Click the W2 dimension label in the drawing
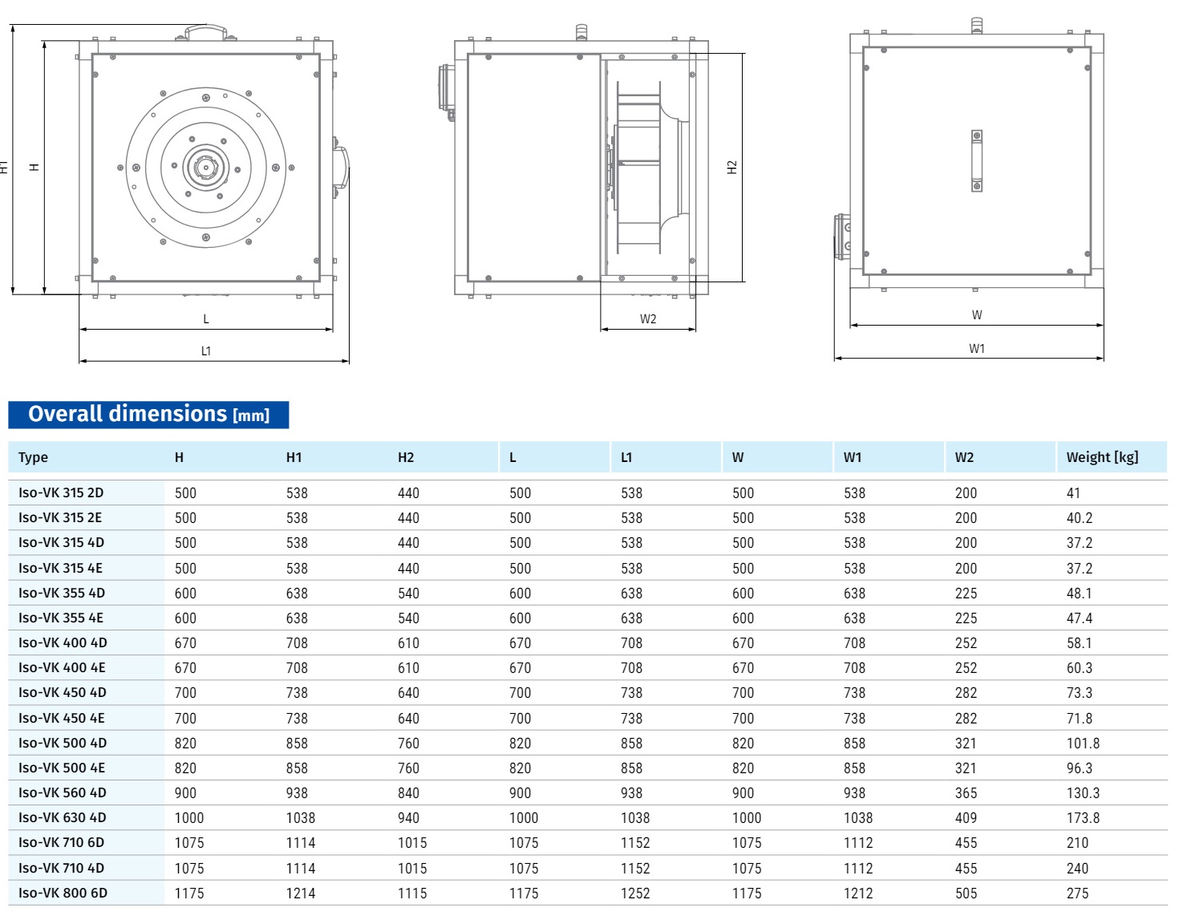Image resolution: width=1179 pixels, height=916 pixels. [x=648, y=319]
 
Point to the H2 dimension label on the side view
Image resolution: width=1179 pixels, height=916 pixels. [x=731, y=167]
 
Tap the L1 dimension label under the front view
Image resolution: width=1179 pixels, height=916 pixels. [x=206, y=351]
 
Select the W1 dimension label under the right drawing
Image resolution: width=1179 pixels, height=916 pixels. [x=976, y=349]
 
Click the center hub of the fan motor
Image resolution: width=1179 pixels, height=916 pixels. [x=206, y=168]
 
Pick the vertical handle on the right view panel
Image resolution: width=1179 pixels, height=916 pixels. [x=977, y=160]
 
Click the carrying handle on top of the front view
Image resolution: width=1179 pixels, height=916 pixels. [x=206, y=31]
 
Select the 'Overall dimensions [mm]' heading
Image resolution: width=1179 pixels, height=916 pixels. [x=148, y=415]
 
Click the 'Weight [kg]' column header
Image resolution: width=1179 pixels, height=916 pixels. [x=1102, y=457]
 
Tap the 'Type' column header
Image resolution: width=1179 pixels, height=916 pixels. [x=33, y=457]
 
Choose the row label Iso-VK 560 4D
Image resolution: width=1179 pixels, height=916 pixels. [x=63, y=792]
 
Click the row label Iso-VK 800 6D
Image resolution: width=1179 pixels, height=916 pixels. [x=63, y=893]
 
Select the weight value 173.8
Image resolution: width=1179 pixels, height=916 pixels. [x=1083, y=817]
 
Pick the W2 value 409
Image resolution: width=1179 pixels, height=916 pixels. [x=966, y=817]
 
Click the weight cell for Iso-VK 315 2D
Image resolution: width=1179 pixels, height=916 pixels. [x=1073, y=493]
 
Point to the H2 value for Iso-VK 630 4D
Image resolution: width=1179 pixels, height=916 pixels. [x=408, y=817]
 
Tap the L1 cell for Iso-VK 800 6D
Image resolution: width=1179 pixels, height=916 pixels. [x=634, y=893]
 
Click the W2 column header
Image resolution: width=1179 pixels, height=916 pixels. [x=964, y=457]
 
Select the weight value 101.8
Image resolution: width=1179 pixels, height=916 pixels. [x=1083, y=743]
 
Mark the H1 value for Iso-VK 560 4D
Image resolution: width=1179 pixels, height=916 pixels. [x=297, y=792]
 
